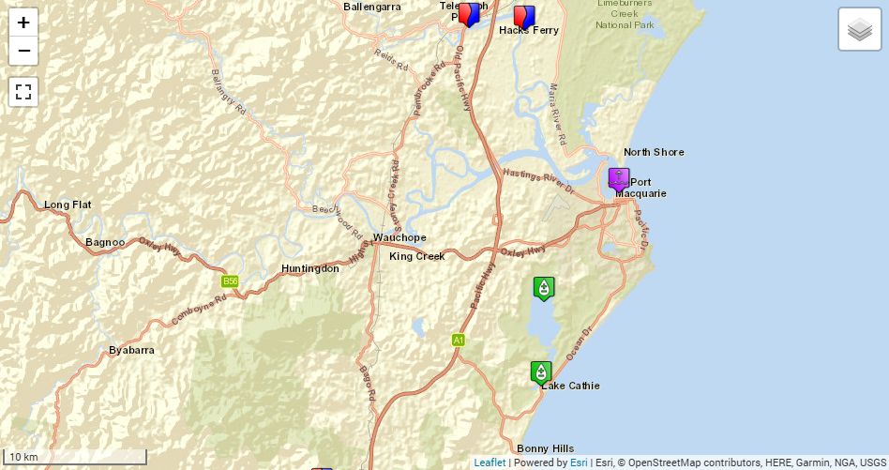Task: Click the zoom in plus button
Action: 23,23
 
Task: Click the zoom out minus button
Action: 23,51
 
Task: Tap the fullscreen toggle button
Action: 23,92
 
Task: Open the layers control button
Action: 859,29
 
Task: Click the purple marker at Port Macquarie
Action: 619,178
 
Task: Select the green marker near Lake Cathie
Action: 541,372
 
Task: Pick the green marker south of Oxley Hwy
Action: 544,288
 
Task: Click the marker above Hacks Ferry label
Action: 524,17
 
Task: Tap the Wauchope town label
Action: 399,237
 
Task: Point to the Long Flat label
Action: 68,205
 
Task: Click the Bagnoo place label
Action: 105,242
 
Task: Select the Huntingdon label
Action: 310,268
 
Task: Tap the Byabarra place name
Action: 131,350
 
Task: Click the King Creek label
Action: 417,256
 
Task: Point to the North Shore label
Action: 654,152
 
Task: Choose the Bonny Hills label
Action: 545,448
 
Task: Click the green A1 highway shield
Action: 458,340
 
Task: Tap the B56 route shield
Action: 230,281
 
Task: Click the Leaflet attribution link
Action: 490,462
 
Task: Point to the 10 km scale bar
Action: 75,457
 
